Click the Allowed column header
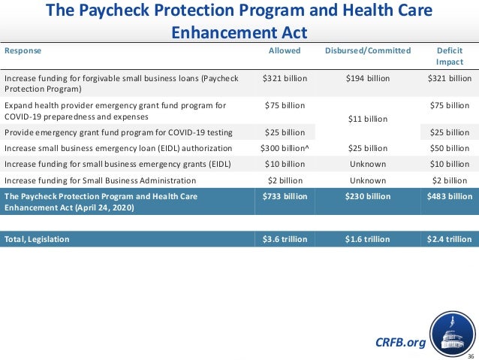coord(285,51)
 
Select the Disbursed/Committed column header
coord(367,51)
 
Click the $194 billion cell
coord(367,77)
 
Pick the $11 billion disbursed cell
coord(367,119)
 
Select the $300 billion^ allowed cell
coord(285,148)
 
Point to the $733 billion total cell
coord(285,195)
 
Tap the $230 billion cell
coord(367,195)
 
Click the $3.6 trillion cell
coord(285,239)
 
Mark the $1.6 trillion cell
coord(367,239)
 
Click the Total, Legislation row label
coord(37,239)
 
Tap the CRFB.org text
coord(399,343)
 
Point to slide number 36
coord(471,355)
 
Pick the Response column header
coord(23,51)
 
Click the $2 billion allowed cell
coord(285,180)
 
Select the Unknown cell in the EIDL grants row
coord(367,164)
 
